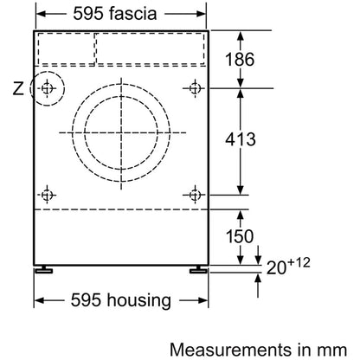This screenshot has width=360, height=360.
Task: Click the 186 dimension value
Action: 240,60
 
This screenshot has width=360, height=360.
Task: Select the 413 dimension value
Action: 241,139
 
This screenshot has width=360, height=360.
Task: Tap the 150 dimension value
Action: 240,236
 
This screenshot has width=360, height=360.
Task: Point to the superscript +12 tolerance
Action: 299,262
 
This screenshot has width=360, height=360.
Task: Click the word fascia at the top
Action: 133,13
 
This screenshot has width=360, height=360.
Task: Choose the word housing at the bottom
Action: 139,300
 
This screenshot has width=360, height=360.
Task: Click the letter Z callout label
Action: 18,88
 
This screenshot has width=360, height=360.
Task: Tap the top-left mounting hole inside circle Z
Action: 47,88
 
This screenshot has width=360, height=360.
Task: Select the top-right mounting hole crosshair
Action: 195,88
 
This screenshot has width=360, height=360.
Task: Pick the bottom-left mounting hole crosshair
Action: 47,195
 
